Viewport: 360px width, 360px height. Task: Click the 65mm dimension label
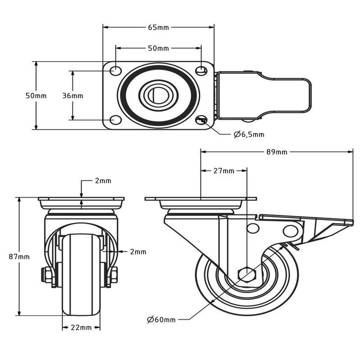158,27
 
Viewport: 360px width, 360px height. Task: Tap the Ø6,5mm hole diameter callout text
249,135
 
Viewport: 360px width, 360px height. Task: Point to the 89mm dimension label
277,152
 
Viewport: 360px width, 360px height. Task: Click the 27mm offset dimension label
224,171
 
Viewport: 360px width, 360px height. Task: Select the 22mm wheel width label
82,327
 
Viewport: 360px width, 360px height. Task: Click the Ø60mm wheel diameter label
161,320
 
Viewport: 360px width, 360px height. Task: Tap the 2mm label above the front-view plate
103,181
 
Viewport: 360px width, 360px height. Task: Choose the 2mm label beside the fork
138,252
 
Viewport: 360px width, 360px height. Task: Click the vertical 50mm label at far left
36,96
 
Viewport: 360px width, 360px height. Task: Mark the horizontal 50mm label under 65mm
158,48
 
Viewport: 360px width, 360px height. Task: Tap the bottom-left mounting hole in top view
116,120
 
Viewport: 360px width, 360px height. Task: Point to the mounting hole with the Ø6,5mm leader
201,120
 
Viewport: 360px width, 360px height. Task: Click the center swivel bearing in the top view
158,95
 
